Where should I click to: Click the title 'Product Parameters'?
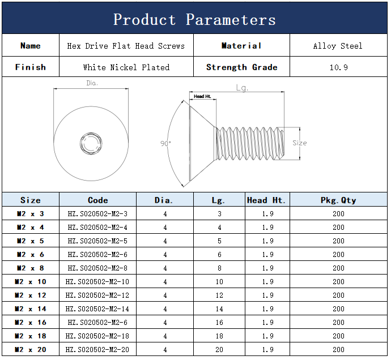click(x=194, y=19)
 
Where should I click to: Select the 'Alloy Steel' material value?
click(x=338, y=46)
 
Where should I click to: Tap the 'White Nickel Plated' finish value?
click(x=126, y=67)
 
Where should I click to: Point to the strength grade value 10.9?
click(x=338, y=67)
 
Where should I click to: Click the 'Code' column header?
click(x=97, y=200)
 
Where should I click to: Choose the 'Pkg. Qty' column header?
click(x=338, y=200)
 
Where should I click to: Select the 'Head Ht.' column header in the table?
click(x=266, y=200)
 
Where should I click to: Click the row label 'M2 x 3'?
click(x=31, y=213)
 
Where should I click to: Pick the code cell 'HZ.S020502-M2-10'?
click(x=97, y=281)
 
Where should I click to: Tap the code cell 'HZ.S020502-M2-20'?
click(x=97, y=350)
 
